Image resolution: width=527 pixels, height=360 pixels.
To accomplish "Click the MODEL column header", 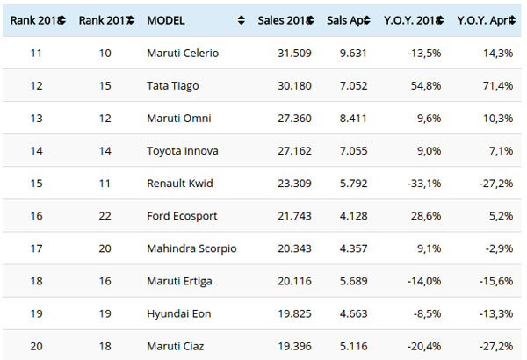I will [165, 19].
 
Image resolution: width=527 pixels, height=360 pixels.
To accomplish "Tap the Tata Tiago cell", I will [174, 85].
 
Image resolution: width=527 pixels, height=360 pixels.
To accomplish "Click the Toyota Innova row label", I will [182, 149].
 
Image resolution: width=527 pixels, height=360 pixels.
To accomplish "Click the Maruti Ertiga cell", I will [180, 281].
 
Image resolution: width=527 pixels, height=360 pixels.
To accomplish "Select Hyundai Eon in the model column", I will [179, 313].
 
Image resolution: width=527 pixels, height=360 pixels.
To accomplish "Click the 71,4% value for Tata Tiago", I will [495, 85].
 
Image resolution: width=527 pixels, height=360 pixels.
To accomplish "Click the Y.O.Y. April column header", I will [484, 19].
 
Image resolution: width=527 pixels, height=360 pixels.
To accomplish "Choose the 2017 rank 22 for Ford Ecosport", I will [103, 216].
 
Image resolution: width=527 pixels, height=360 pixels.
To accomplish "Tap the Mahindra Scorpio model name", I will [191, 248].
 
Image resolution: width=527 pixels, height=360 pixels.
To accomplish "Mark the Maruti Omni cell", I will [179, 117].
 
